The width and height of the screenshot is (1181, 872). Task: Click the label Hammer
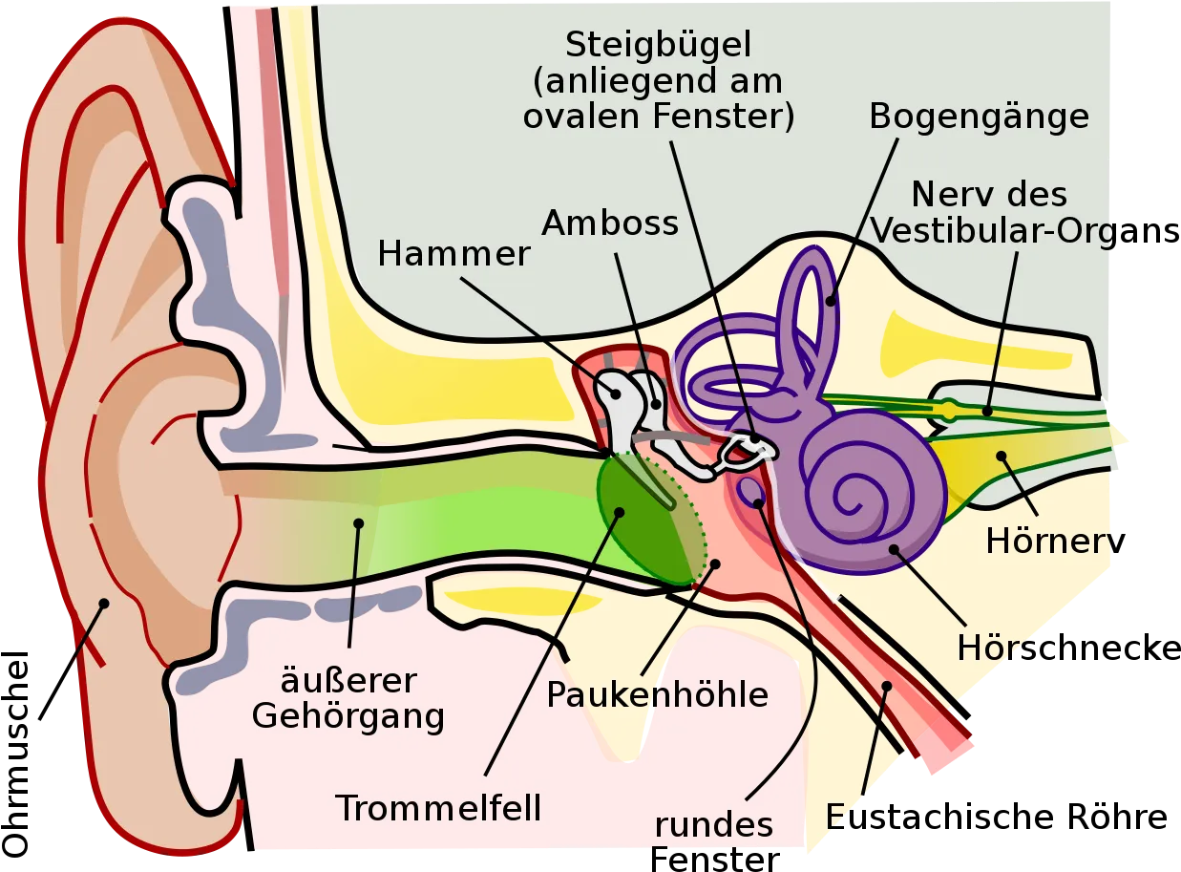click(x=453, y=253)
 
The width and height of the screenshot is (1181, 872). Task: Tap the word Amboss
click(x=610, y=223)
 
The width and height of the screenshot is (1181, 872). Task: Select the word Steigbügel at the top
click(x=658, y=44)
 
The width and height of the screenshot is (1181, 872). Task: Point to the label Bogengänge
click(x=980, y=117)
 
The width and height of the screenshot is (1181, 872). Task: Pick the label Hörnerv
click(x=1055, y=542)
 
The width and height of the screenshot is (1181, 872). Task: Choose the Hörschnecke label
click(x=1069, y=648)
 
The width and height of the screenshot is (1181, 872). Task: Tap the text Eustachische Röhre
click(x=997, y=818)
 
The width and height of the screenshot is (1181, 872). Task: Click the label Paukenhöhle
click(x=658, y=694)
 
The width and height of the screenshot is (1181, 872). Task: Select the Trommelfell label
click(x=438, y=808)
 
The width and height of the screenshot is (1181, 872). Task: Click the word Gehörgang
click(x=348, y=717)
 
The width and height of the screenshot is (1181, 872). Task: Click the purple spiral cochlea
click(x=862, y=490)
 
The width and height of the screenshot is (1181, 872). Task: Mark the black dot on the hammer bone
click(x=616, y=394)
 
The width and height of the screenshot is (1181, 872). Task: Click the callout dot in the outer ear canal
click(x=359, y=523)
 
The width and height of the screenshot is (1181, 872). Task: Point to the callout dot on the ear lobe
click(x=104, y=604)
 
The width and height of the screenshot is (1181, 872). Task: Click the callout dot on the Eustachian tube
click(x=887, y=686)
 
